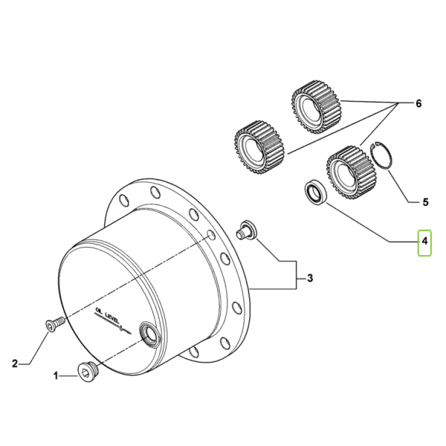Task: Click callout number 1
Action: (x=56, y=376)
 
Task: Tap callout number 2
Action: (x=15, y=363)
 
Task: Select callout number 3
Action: (x=310, y=277)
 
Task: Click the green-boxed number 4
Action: (x=424, y=241)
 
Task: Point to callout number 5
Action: (x=425, y=202)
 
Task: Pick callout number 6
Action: (x=418, y=103)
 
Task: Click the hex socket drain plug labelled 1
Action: (x=88, y=372)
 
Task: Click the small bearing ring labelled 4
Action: (x=315, y=193)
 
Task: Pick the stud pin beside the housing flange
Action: (x=246, y=230)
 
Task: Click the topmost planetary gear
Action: (x=317, y=110)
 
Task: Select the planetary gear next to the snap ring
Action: (x=352, y=171)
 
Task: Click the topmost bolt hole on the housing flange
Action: (x=155, y=192)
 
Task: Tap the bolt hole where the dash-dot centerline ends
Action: (x=211, y=236)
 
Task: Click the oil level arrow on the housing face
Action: (x=113, y=323)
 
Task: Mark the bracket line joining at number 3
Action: (x=297, y=275)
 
